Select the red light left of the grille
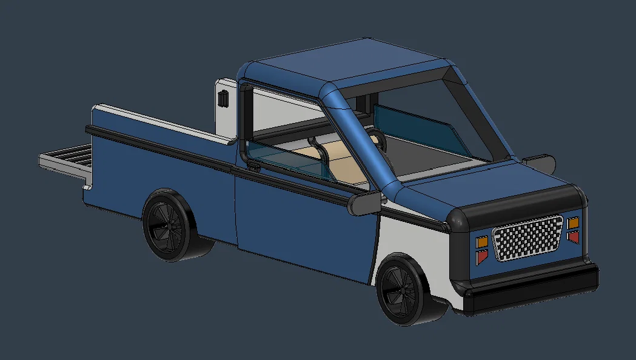[x=482, y=258]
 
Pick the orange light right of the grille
[x=573, y=223]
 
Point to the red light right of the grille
[x=573, y=237]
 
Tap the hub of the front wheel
[x=402, y=290]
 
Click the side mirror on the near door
[x=364, y=204]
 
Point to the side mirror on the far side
[x=538, y=162]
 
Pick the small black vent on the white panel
[x=223, y=98]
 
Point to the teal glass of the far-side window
[x=418, y=128]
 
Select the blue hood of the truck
[x=479, y=182]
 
